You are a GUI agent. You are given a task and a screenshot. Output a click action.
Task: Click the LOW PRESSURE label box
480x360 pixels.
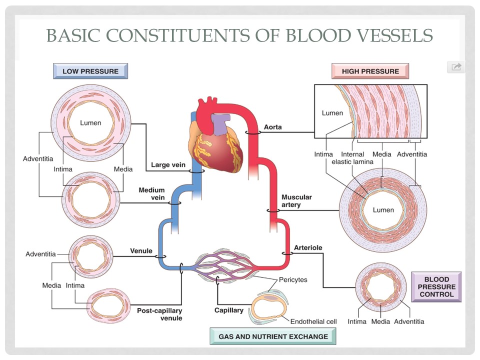coord(90,71)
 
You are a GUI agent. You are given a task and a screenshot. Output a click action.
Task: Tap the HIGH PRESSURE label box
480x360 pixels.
coord(370,71)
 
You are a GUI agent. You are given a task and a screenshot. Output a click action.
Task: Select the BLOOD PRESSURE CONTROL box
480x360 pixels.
coord(436,287)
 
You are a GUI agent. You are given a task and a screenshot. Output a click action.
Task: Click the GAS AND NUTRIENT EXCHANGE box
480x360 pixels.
coord(273,336)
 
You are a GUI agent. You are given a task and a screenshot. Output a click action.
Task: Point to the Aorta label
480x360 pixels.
coord(272,127)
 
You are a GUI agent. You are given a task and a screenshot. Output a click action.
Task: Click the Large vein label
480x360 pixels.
coord(168,164)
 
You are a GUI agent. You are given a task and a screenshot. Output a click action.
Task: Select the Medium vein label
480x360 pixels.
coord(151,194)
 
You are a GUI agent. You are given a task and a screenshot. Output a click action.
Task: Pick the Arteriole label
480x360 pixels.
coord(308,247)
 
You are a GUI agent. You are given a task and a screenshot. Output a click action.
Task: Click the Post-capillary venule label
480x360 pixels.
coord(159,314)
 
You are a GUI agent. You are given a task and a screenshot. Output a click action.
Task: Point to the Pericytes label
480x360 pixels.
coord(293,280)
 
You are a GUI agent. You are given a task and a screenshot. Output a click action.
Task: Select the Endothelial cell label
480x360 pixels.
coord(313,321)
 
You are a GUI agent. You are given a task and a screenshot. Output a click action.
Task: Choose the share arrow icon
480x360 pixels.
coord(456,67)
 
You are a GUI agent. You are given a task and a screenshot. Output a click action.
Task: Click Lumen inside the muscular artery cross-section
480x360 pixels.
coord(383,210)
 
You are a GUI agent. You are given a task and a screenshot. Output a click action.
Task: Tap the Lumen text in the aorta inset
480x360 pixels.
coord(332,113)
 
